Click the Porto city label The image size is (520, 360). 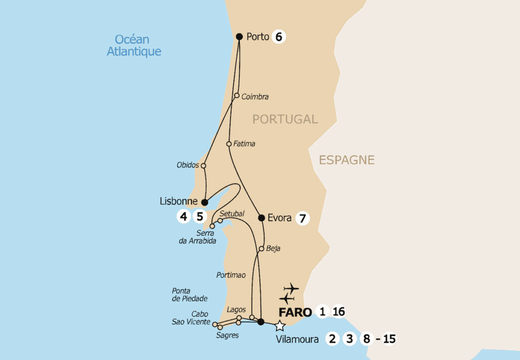(257, 37)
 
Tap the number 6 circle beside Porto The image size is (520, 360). (278, 37)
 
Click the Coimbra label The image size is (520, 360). (255, 96)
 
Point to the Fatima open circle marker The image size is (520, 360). (229, 144)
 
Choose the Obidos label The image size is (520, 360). (187, 166)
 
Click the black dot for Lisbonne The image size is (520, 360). (205, 202)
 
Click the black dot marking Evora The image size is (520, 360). (262, 218)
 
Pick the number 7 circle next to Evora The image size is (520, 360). (302, 218)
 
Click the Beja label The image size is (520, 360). (273, 249)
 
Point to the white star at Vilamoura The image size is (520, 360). (279, 326)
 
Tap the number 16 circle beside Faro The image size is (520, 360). (339, 311)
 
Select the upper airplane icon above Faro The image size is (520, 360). (291, 288)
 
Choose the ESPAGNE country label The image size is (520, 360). (347, 160)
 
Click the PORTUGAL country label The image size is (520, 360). (285, 119)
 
